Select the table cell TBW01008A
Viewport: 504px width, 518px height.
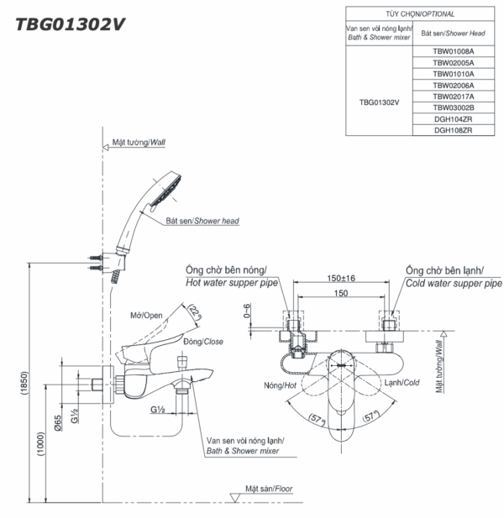click(453, 51)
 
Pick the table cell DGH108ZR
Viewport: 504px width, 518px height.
click(453, 130)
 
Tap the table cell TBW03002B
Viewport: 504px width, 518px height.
click(453, 107)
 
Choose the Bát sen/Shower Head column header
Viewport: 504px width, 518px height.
click(453, 33)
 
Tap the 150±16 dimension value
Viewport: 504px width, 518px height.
click(339, 278)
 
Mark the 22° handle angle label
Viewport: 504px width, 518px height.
click(196, 313)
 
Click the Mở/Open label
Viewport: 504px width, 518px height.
click(146, 316)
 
